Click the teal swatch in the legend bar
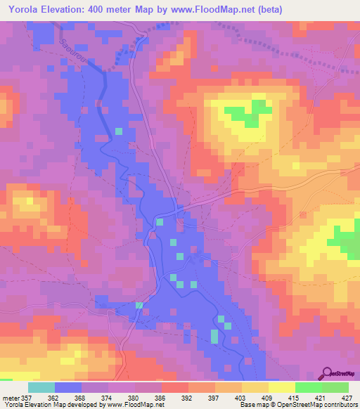click(x=41, y=387)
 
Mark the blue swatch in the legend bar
click(x=67, y=387)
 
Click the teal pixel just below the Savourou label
click(x=118, y=131)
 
